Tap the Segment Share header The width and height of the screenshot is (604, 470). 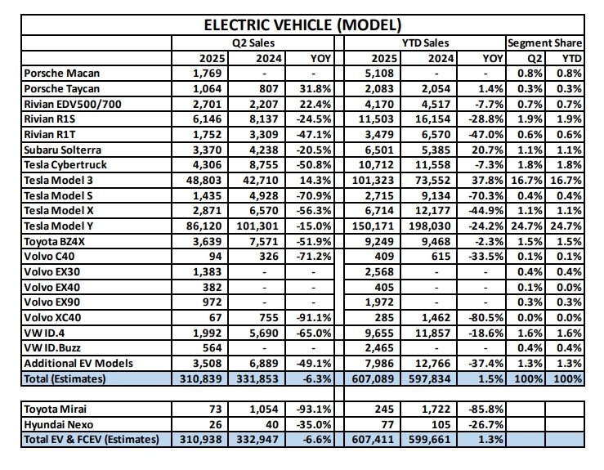[x=544, y=43]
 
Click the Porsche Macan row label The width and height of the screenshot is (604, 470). [x=58, y=74]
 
